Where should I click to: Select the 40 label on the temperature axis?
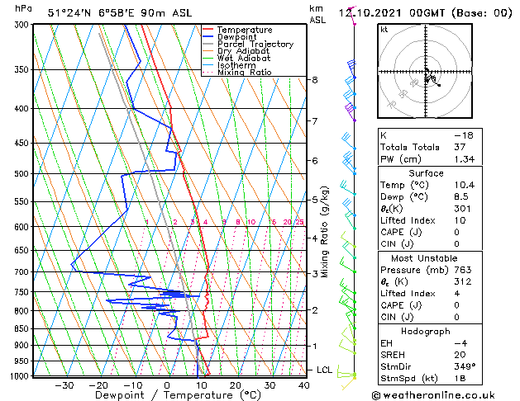point(304,384)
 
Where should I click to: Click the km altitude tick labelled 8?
point(314,80)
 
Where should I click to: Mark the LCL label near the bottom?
point(324,370)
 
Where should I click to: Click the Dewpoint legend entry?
point(236,37)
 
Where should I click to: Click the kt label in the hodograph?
point(384,29)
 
